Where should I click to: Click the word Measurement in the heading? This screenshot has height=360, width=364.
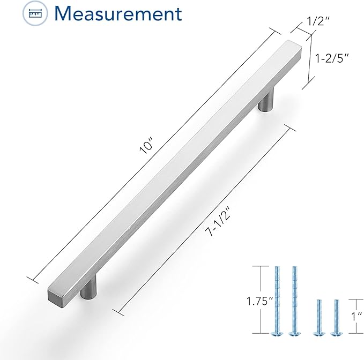tap(118, 14)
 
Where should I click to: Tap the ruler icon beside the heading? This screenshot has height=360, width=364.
tap(35, 13)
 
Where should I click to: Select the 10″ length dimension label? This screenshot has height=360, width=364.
tap(146, 145)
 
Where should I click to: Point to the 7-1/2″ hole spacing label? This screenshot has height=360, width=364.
tap(218, 221)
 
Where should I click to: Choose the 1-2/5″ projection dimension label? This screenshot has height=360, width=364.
tap(332, 58)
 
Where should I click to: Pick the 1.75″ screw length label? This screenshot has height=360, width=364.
tap(259, 301)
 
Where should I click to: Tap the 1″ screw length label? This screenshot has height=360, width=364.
tap(356, 317)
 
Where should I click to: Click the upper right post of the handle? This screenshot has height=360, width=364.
tap(266, 99)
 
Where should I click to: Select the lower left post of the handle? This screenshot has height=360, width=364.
tap(88, 287)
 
